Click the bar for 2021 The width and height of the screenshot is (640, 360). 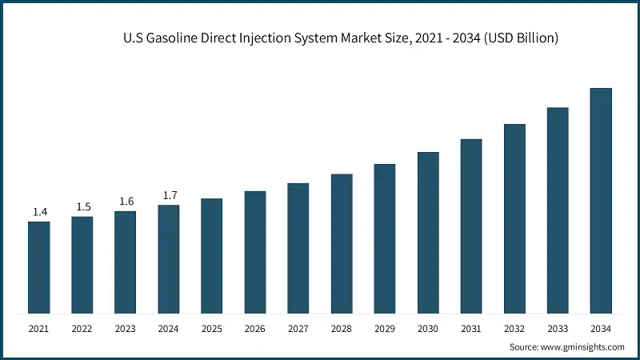point(38,267)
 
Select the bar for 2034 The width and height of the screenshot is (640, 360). point(601,201)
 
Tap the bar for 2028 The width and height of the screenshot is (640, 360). point(342,244)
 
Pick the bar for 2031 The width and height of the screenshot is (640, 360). point(471,226)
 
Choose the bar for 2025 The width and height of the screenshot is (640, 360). point(212,256)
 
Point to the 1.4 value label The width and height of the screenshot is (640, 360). point(39,212)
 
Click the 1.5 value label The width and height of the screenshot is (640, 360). point(82,207)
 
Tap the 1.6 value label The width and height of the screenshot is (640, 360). point(126,202)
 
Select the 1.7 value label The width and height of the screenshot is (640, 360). point(169,195)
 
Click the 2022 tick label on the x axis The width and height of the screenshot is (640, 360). point(82,329)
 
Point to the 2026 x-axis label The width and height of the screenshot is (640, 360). point(255,329)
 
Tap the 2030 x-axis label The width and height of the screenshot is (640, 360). point(428,329)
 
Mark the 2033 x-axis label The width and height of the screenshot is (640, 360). point(558,329)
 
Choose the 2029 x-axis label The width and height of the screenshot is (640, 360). point(385,329)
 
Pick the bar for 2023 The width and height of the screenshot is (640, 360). point(126,262)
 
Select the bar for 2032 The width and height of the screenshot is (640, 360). point(514,218)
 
